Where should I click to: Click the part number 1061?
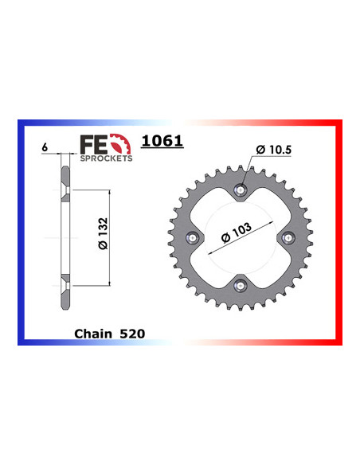tap(162, 142)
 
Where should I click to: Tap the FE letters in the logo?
tap(92, 143)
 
